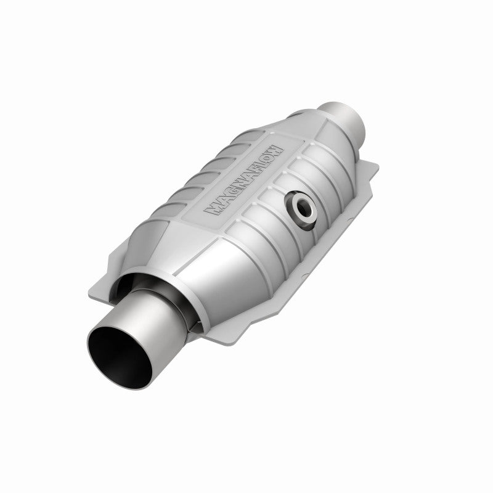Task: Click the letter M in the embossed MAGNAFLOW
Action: pyautogui.click(x=214, y=211)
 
